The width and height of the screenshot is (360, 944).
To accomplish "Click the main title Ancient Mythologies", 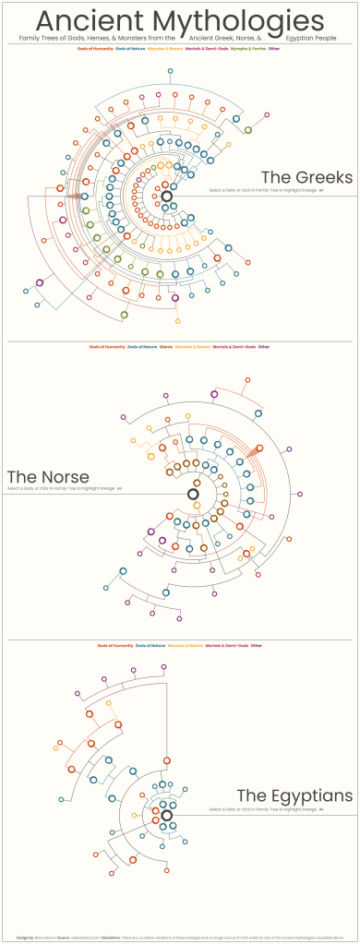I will click(180, 19).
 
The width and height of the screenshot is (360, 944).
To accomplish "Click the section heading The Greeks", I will click(306, 177).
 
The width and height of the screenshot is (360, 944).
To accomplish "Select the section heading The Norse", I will click(47, 477).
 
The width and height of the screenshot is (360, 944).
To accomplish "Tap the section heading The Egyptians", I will click(294, 795).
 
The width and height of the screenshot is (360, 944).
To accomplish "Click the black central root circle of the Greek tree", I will click(167, 197).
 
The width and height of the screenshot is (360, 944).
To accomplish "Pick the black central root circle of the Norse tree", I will click(193, 495).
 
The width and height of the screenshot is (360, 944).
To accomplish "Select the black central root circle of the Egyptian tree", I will click(166, 815).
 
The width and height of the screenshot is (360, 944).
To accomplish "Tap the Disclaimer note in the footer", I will click(231, 938).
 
